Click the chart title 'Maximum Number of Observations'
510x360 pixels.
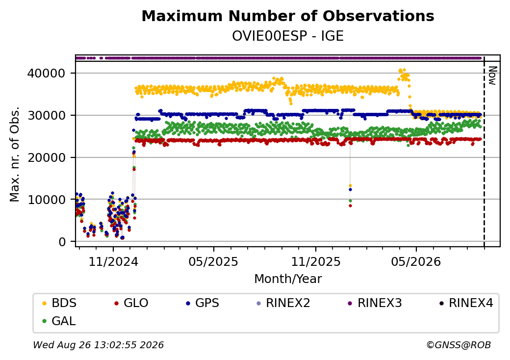pos(288,16)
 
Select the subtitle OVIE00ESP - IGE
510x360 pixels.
pos(288,36)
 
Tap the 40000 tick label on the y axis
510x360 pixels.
pos(46,73)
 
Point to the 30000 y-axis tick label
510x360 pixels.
pos(46,115)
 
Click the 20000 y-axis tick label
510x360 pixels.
pos(46,157)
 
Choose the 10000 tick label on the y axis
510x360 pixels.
pos(46,199)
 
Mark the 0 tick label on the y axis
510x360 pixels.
pos(62,242)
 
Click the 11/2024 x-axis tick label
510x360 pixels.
pos(113,261)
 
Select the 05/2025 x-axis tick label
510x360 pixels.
pos(213,261)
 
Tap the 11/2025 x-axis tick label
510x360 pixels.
pos(315,261)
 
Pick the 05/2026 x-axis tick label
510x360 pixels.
pos(416,261)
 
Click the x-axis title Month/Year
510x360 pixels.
pos(288,279)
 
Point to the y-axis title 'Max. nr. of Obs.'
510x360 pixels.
pos(15,154)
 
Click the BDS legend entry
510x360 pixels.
pos(59,303)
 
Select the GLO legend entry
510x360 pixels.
pos(131,303)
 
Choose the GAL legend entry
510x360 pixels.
pos(59,321)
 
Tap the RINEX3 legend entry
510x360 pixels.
pos(375,303)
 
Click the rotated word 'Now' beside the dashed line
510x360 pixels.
pos(493,76)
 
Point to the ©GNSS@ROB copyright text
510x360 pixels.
pos(459,345)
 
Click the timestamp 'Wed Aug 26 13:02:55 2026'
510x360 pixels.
pos(99,345)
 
